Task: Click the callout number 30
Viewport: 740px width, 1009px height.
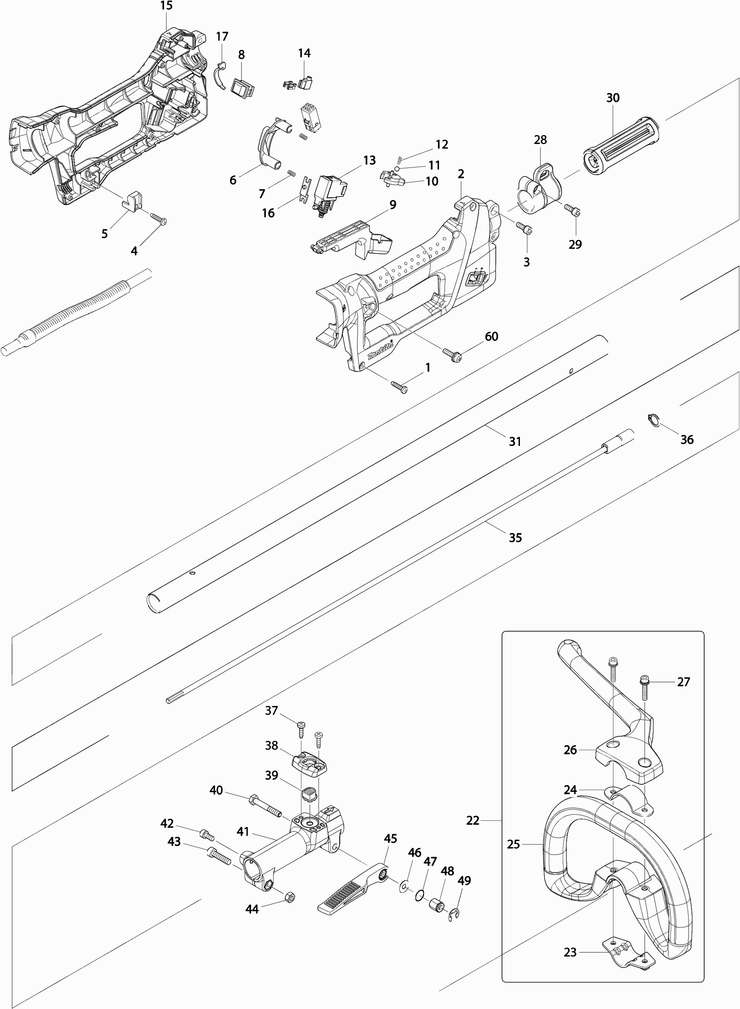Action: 613,98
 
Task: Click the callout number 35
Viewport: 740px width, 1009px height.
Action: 515,537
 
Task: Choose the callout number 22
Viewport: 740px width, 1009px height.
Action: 473,820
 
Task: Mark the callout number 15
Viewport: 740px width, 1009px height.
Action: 166,6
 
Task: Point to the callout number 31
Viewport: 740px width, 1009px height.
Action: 515,442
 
